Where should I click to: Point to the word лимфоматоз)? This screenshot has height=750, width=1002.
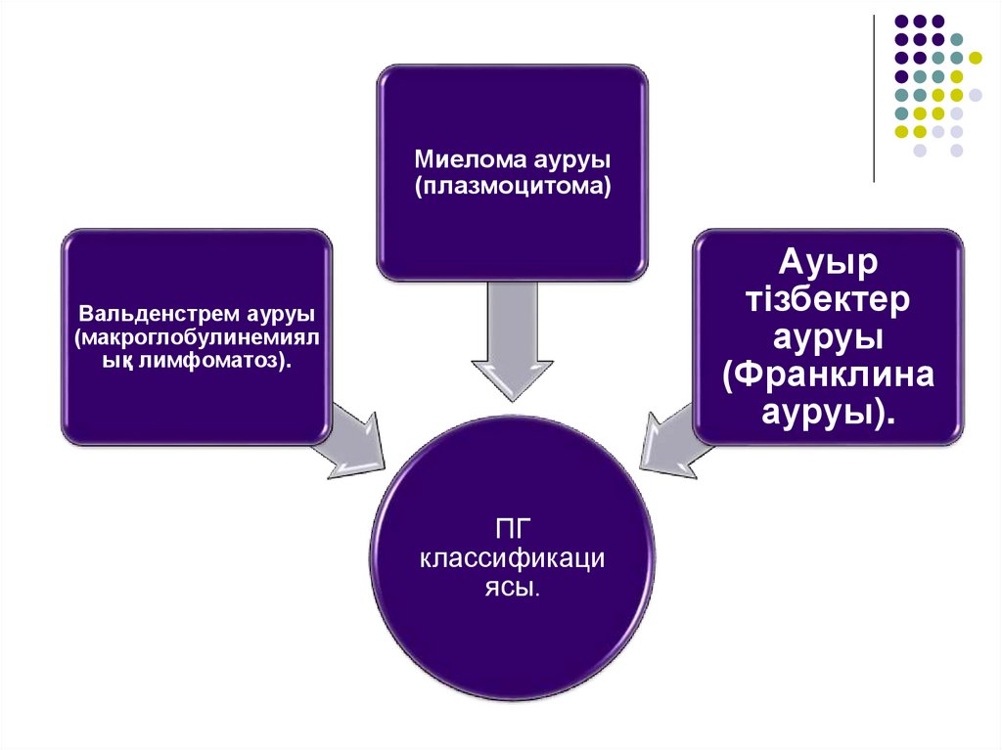(236, 361)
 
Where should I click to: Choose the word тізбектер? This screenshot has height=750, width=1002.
(830, 300)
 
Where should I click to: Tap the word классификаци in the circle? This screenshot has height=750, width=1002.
(513, 561)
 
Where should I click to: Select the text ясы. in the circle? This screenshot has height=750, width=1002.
(513, 590)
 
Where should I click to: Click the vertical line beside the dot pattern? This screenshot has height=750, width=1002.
(875, 98)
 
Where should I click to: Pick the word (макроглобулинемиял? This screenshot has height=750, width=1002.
(197, 338)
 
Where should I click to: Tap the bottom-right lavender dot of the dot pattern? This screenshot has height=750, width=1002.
(957, 150)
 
